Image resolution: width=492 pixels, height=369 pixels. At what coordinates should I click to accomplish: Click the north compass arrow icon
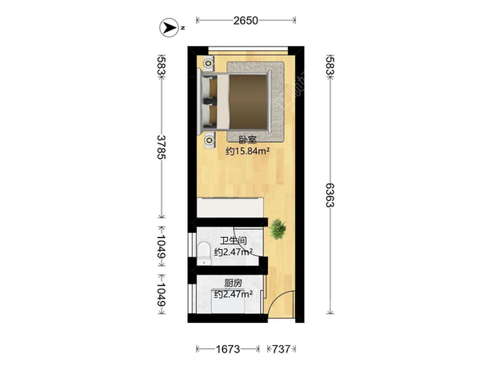click(x=170, y=28)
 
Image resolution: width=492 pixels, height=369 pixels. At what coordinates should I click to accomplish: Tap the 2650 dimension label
click(x=245, y=20)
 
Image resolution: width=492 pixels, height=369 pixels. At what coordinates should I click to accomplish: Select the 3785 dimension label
click(x=162, y=147)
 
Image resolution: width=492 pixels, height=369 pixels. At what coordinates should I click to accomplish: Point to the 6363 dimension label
click(x=330, y=195)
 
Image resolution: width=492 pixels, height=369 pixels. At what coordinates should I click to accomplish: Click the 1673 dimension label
click(x=227, y=349)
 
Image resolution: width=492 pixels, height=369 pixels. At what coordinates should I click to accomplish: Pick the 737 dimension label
click(x=280, y=349)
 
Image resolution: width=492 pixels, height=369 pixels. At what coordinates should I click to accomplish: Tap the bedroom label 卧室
click(x=248, y=140)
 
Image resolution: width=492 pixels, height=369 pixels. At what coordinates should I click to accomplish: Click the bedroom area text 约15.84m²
click(x=248, y=151)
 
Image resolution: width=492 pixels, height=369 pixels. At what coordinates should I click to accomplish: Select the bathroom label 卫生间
click(x=234, y=241)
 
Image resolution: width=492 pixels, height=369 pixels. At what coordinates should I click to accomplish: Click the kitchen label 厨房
click(x=234, y=283)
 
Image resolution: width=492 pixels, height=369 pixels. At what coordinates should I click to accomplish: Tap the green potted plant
click(x=278, y=229)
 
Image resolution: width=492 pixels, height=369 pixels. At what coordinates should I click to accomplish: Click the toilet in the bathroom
click(x=204, y=253)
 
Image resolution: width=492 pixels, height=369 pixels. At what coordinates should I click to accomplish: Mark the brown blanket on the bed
click(x=248, y=102)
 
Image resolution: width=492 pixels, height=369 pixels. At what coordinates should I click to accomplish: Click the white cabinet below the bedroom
click(x=230, y=207)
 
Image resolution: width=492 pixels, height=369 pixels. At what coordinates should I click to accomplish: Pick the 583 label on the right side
click(x=330, y=66)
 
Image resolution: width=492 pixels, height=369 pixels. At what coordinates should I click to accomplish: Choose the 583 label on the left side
click(x=162, y=66)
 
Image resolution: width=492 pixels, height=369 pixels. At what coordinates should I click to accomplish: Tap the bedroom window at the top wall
click(x=248, y=49)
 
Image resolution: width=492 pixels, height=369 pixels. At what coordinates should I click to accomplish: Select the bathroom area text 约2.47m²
click(x=234, y=252)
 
